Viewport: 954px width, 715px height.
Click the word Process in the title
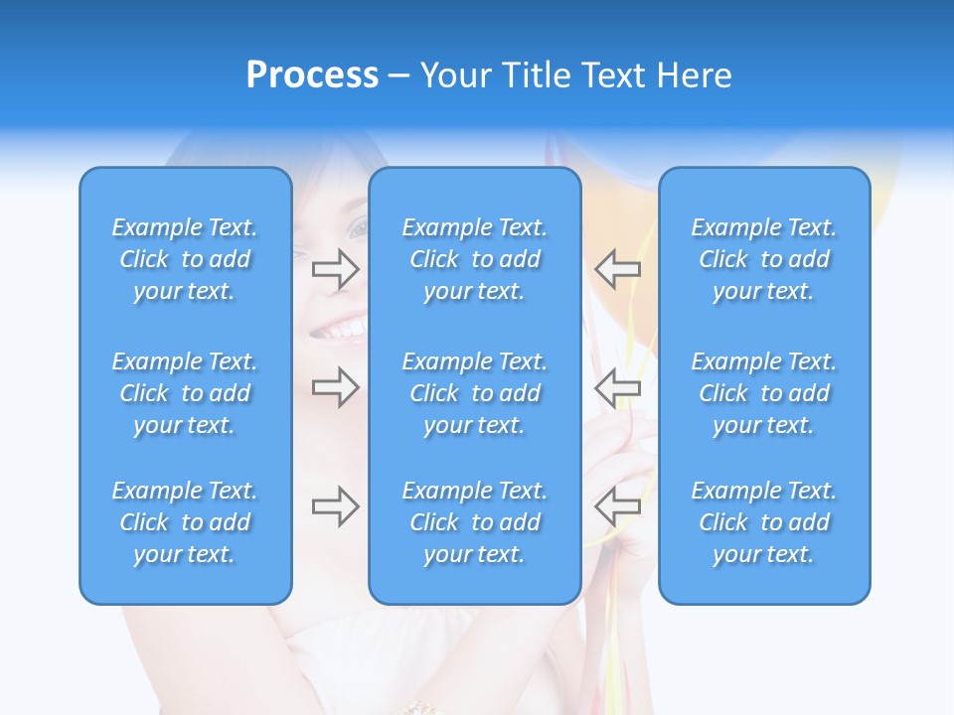click(x=312, y=75)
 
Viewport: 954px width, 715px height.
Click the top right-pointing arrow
click(x=335, y=269)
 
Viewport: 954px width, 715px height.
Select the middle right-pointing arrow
click(x=335, y=386)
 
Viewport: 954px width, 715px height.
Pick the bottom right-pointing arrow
click(x=335, y=506)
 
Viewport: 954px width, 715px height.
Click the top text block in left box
click(x=185, y=259)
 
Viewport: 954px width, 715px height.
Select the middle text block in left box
click(x=185, y=393)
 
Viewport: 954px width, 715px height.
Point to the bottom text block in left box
click(x=185, y=522)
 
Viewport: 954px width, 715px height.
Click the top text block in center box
click(x=475, y=259)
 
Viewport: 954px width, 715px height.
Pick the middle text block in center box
click(x=475, y=393)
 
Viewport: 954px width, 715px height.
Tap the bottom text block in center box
click(x=475, y=522)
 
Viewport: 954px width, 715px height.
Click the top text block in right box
click(x=764, y=259)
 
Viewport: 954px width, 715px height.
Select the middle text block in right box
click(x=764, y=393)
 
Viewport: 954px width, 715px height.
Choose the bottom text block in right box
click(x=764, y=522)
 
